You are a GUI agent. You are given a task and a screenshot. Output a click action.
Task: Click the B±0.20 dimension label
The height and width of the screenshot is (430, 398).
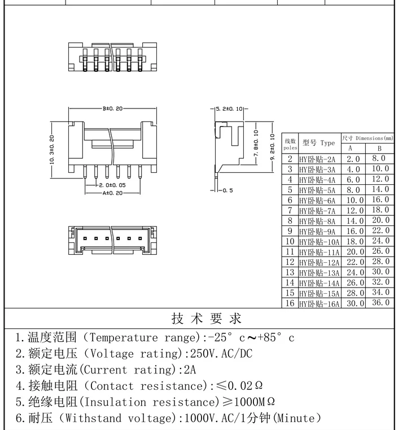(x=112, y=108)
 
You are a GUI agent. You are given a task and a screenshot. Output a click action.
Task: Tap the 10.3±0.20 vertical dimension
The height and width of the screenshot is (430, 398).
(x=51, y=150)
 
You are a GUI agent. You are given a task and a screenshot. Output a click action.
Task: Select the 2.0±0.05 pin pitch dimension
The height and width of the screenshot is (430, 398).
(x=112, y=185)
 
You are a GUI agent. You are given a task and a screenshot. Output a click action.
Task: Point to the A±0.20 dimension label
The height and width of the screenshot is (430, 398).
(x=112, y=193)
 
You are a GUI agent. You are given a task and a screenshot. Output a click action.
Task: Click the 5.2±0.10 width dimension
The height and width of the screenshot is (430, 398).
(x=229, y=108)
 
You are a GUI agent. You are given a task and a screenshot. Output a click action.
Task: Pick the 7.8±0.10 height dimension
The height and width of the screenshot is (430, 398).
(x=256, y=143)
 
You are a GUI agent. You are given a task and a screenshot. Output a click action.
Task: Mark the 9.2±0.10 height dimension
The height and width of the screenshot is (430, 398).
(x=272, y=147)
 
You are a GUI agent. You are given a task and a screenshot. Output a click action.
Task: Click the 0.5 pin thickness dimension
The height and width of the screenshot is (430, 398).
(x=228, y=190)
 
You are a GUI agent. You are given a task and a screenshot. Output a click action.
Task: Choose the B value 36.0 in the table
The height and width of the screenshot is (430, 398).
(x=380, y=302)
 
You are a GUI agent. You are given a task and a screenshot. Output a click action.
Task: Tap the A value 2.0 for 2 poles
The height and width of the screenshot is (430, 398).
(x=353, y=159)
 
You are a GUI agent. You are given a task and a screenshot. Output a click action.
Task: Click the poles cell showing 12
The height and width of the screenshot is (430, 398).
(x=290, y=262)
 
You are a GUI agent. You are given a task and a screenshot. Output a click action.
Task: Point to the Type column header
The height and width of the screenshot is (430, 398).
(x=327, y=143)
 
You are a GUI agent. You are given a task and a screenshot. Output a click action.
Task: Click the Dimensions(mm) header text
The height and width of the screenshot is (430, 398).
(x=374, y=138)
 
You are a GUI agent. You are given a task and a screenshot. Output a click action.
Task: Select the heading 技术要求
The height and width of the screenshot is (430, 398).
(x=207, y=319)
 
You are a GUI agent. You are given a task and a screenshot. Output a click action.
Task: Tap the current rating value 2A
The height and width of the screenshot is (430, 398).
(x=190, y=370)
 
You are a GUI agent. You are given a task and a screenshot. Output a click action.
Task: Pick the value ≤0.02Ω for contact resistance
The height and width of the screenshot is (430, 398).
(x=239, y=386)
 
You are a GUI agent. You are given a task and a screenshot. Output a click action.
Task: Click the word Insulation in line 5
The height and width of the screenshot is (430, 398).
(x=115, y=402)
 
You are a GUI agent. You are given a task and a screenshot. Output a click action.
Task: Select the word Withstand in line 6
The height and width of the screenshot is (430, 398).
(x=93, y=418)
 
